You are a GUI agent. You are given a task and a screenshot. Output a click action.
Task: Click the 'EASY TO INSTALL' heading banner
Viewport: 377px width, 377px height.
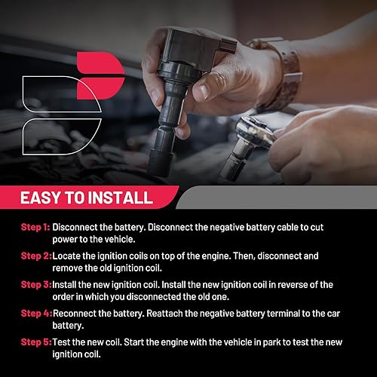(x=86, y=198)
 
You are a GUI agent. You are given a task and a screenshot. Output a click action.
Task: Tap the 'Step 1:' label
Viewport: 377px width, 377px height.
(x=35, y=227)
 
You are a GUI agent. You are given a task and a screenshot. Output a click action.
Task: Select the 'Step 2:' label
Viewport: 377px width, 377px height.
(x=35, y=256)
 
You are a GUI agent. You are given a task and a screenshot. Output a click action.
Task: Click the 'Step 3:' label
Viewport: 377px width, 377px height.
(x=35, y=284)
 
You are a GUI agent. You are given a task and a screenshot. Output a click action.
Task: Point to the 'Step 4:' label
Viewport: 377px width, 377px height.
(x=35, y=312)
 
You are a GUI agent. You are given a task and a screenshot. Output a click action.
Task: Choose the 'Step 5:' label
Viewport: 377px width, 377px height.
(x=35, y=341)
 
